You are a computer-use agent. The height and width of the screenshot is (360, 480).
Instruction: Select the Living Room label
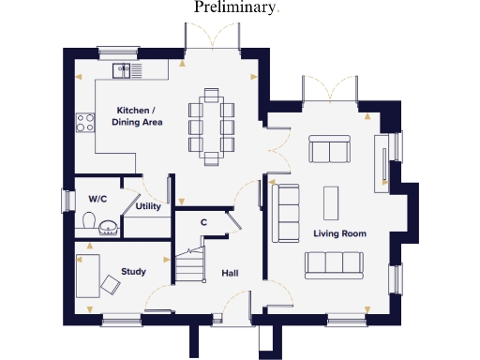(x=339, y=233)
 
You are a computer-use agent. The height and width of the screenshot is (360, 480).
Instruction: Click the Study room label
(x=133, y=273)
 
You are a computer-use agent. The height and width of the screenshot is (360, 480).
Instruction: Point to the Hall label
(x=229, y=274)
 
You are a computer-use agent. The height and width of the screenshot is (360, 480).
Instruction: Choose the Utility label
(x=148, y=206)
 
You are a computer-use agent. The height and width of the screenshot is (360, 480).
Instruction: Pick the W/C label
(x=97, y=200)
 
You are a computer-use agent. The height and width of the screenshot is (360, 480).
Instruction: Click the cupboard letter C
(x=203, y=222)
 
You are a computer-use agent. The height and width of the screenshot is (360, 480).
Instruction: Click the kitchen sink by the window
(x=126, y=69)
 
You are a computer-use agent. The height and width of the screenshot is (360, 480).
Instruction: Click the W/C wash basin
(x=109, y=225)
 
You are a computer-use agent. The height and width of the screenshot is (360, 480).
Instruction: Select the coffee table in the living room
(x=331, y=201)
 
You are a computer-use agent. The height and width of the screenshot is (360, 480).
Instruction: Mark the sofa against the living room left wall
(x=285, y=213)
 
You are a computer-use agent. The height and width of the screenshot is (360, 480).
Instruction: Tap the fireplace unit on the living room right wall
(x=381, y=161)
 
